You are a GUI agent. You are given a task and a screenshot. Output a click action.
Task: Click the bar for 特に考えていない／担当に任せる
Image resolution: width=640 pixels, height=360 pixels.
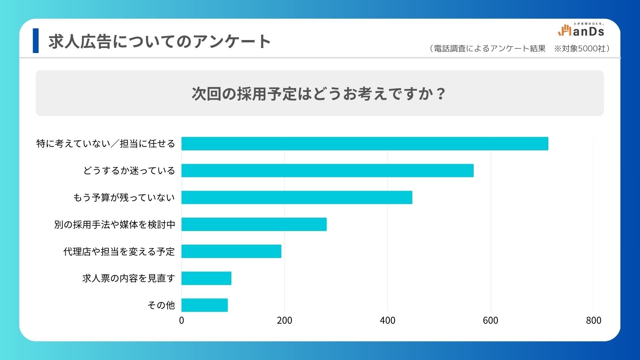[365, 144]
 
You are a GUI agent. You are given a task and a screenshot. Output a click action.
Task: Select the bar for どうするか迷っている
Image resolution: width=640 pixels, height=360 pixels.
[327, 171]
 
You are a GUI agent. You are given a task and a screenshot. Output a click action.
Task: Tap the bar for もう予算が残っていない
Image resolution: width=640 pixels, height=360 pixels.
[297, 198]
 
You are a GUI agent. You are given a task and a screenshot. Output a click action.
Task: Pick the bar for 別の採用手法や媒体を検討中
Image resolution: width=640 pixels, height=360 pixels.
[254, 224]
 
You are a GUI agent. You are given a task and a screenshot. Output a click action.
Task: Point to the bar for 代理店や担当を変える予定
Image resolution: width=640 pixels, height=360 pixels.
[231, 251]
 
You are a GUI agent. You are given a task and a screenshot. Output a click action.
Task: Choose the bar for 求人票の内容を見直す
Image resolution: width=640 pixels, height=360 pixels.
[206, 278]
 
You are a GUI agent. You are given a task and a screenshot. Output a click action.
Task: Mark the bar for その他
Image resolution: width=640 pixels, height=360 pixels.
[205, 305]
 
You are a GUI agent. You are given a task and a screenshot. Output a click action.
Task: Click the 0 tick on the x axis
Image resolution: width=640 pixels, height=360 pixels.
[181, 321]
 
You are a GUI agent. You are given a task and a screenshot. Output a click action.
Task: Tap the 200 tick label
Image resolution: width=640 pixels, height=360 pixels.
[284, 321]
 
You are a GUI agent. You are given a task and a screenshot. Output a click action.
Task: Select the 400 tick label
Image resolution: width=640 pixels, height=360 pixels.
[387, 321]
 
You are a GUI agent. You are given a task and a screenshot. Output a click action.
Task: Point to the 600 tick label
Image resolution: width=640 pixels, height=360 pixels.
[490, 321]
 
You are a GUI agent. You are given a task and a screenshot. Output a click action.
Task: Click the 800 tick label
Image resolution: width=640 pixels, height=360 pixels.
[593, 321]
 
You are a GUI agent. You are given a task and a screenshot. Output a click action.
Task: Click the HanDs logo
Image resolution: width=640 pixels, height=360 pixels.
[581, 30]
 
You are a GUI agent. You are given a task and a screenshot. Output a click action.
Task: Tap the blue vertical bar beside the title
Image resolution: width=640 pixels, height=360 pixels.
[36, 41]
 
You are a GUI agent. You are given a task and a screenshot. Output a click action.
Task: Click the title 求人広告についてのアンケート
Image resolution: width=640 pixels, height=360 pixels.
[159, 42]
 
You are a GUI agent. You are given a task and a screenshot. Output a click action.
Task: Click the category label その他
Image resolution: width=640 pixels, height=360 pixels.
[161, 305]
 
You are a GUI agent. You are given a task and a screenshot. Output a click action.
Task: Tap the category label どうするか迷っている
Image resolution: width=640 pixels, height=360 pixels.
[129, 171]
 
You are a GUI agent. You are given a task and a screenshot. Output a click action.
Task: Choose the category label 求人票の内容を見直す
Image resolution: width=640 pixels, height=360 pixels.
[128, 278]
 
